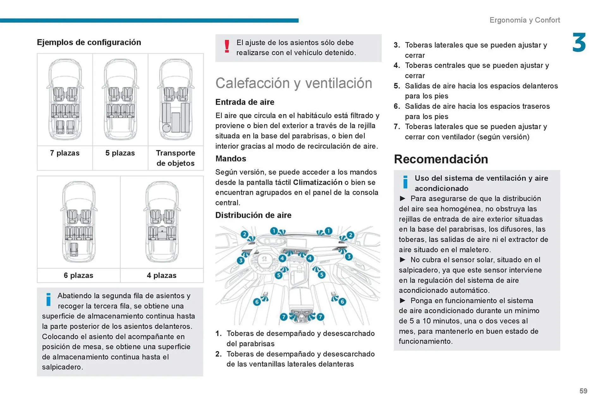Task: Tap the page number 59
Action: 583,391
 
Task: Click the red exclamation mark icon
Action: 227,46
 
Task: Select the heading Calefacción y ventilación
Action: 294,83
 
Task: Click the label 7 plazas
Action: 65,153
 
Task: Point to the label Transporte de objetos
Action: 175,158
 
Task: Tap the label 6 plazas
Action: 78,275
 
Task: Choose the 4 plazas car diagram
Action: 162,222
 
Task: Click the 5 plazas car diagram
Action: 120,100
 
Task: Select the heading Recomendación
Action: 441,159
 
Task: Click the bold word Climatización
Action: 317,182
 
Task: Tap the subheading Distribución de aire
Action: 253,215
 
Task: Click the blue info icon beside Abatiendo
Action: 48,299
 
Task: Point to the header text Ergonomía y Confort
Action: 524,20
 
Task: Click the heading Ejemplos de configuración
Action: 89,42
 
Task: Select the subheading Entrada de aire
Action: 245,102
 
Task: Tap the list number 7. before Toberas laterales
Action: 397,127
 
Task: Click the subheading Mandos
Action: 230,159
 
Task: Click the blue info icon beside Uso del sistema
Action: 405,182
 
